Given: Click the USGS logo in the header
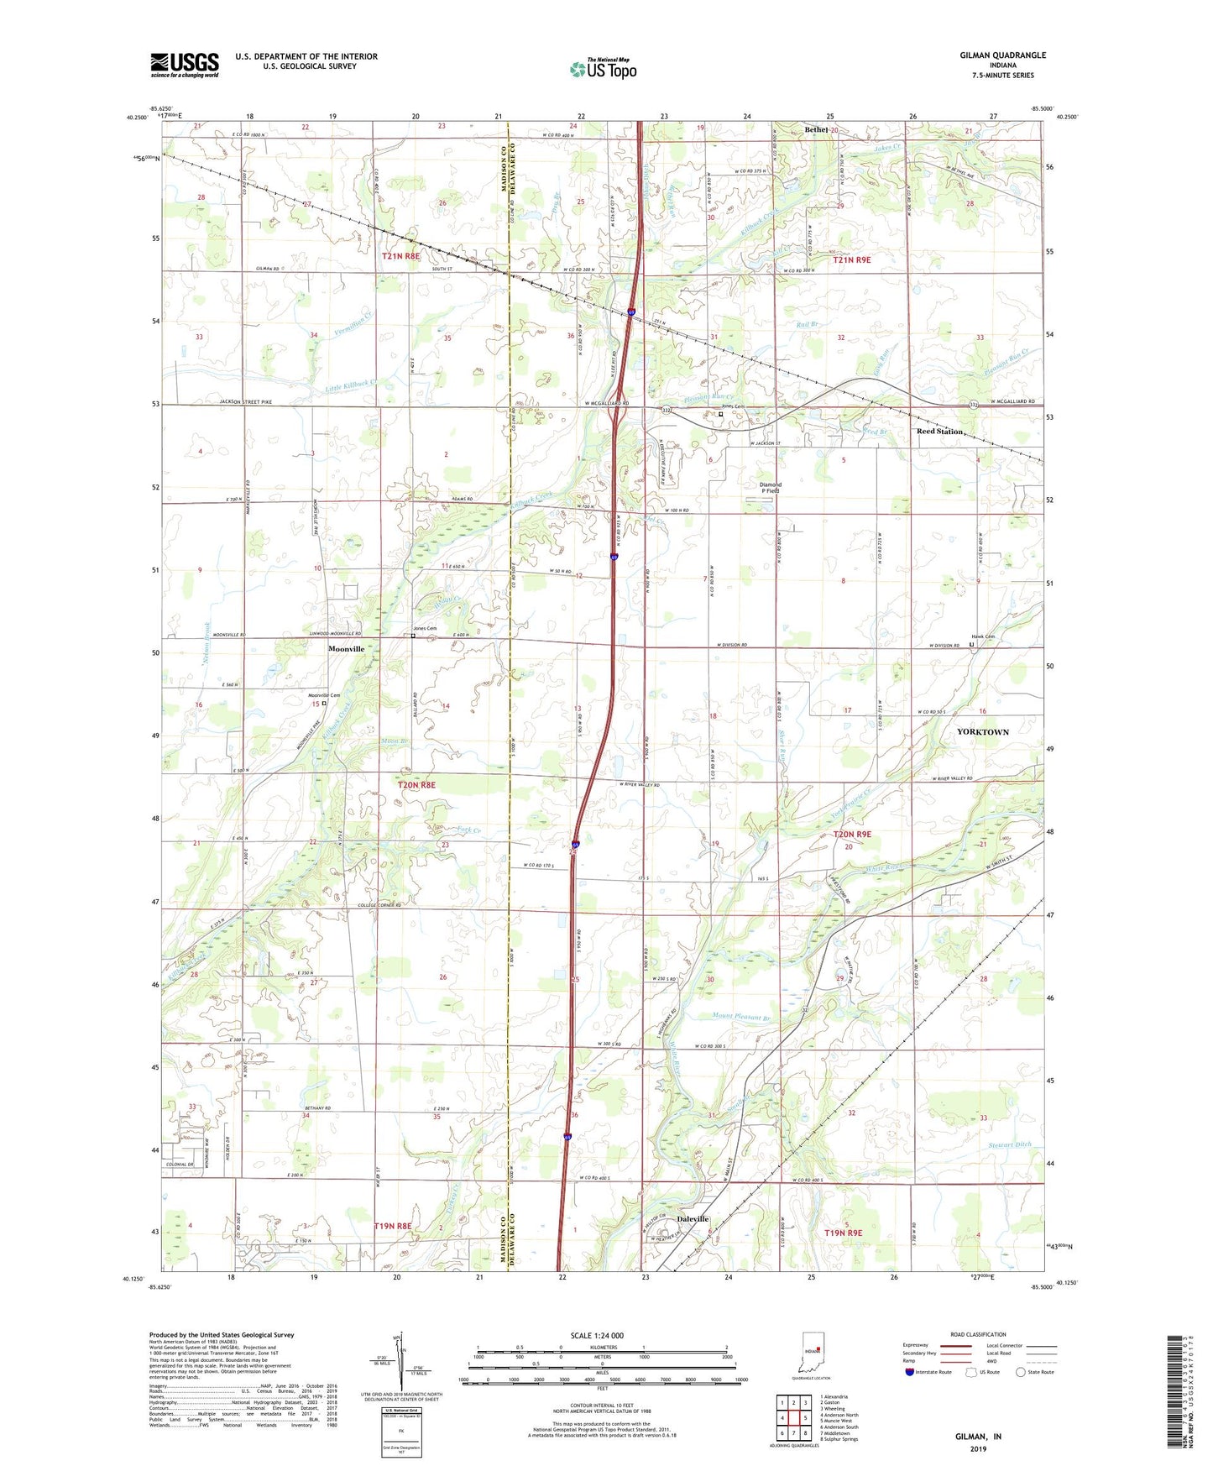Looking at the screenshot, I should pyautogui.click(x=185, y=64).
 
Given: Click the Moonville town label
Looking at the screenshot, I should pyautogui.click(x=346, y=650).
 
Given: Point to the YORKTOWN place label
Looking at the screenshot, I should pyautogui.click(x=983, y=732).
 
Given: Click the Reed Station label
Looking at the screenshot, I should pyautogui.click(x=940, y=432).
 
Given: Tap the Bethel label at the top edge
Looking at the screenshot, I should pyautogui.click(x=817, y=130).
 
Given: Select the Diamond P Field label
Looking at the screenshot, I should pyautogui.click(x=770, y=488).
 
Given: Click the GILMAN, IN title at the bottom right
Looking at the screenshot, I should pyautogui.click(x=978, y=1437).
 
